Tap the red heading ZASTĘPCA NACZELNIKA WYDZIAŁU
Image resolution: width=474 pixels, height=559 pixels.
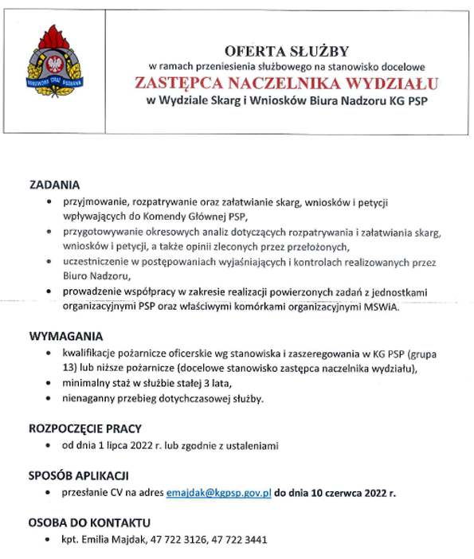(286, 83)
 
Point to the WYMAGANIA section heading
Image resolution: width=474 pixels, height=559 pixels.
(66, 335)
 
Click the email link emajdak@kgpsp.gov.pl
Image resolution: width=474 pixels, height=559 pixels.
(219, 493)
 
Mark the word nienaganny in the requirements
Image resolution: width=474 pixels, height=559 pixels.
(88, 399)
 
